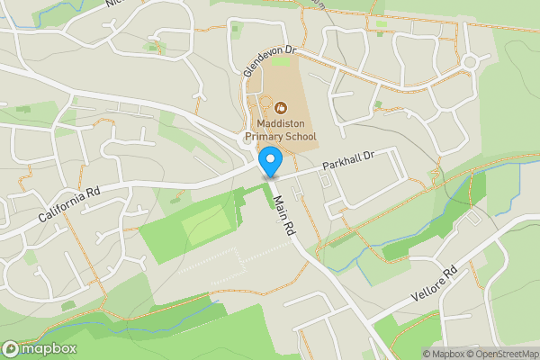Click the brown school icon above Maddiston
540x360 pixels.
tap(278, 107)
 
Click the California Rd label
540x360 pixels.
tap(71, 205)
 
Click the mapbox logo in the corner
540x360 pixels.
tap(40, 348)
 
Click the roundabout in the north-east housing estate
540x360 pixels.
tap(469, 61)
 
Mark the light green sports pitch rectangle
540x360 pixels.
tap(204, 222)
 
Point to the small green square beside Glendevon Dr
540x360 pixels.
tap(280, 61)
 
